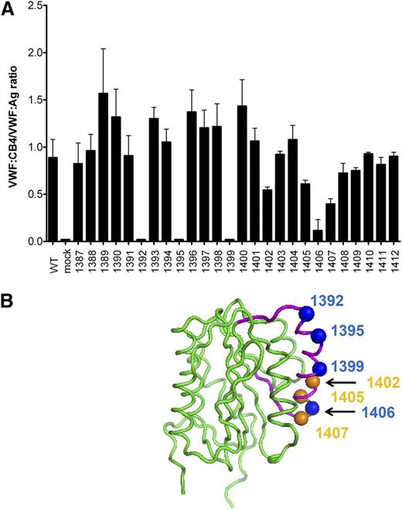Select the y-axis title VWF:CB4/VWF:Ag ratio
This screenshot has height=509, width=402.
pos(9,124)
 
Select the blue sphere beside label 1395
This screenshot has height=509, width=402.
pos(317,334)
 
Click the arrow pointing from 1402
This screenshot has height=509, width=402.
pos(341,381)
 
